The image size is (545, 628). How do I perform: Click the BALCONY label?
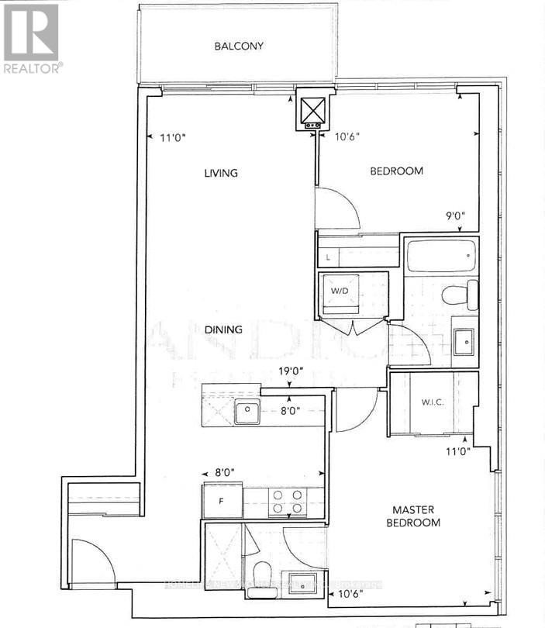pos(239,46)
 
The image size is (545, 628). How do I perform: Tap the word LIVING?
pos(220,173)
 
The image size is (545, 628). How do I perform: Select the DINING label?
pos(223,330)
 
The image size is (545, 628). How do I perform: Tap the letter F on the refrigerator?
pos(220,501)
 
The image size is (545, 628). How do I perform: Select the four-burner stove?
pos(287,502)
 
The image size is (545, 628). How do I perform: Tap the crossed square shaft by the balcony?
pos(315,109)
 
